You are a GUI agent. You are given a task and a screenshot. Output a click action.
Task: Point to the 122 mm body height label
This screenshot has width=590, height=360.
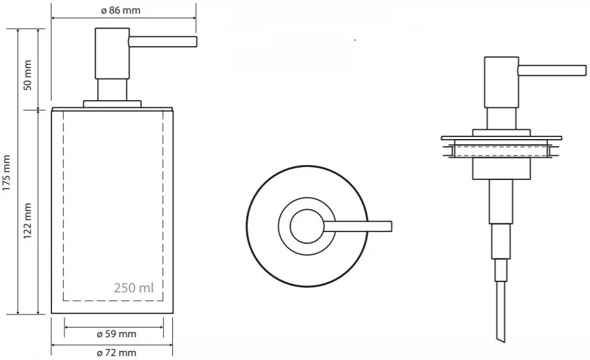28,221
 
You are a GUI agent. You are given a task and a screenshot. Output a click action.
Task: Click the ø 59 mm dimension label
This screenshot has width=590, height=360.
116,334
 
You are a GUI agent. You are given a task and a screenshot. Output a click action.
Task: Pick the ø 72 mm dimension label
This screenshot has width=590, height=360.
116,353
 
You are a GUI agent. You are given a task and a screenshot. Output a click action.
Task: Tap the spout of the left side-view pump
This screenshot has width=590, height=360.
162,42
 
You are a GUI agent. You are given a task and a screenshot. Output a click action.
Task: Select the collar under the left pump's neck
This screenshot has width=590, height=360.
112,103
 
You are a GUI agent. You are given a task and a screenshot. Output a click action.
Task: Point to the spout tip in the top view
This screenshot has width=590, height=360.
389,226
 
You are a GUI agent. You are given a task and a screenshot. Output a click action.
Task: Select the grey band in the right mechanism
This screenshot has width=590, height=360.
500,151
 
